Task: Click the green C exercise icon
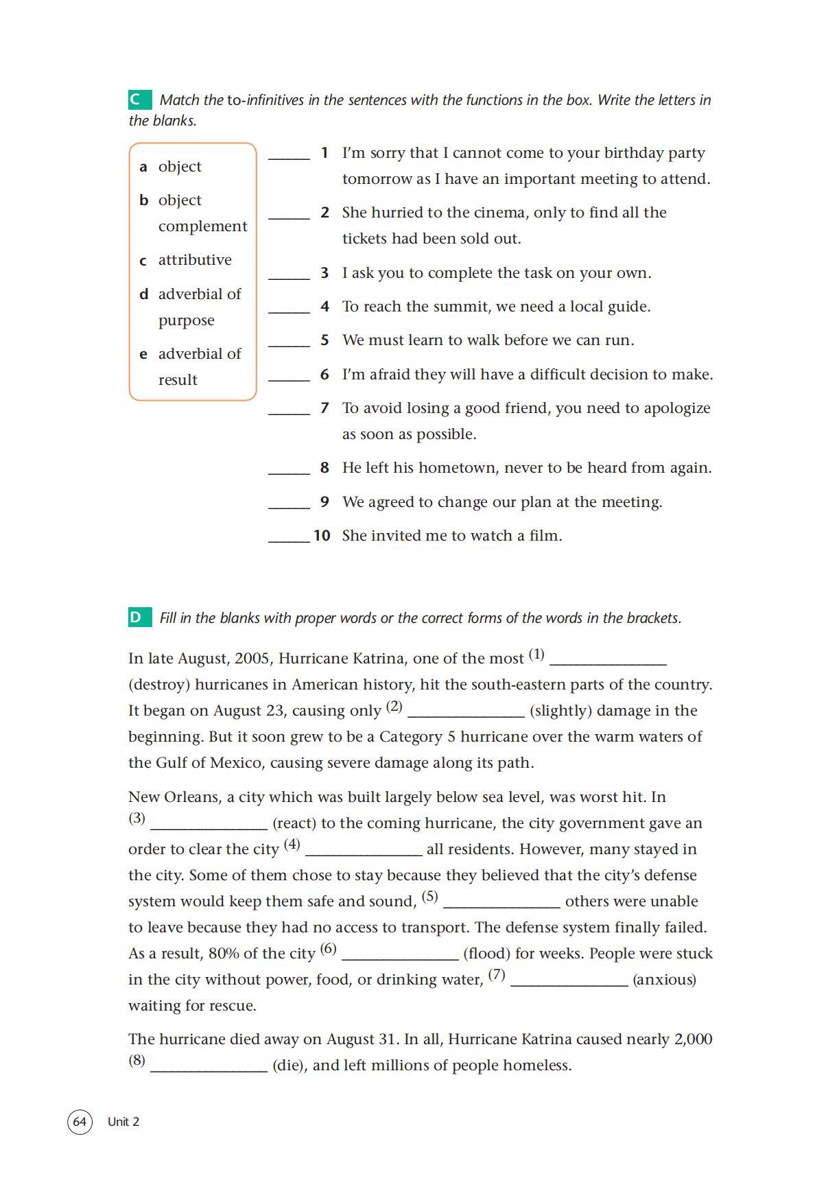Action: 139,99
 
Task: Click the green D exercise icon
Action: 139,617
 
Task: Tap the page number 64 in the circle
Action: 80,1122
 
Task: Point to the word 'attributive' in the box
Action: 195,260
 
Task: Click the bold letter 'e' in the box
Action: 143,355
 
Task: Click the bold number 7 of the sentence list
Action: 324,408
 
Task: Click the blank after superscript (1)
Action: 608,661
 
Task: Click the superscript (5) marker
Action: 429,897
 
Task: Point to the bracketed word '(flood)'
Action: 486,954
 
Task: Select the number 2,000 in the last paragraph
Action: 693,1039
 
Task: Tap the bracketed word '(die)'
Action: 289,1065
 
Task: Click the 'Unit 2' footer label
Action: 123,1122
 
